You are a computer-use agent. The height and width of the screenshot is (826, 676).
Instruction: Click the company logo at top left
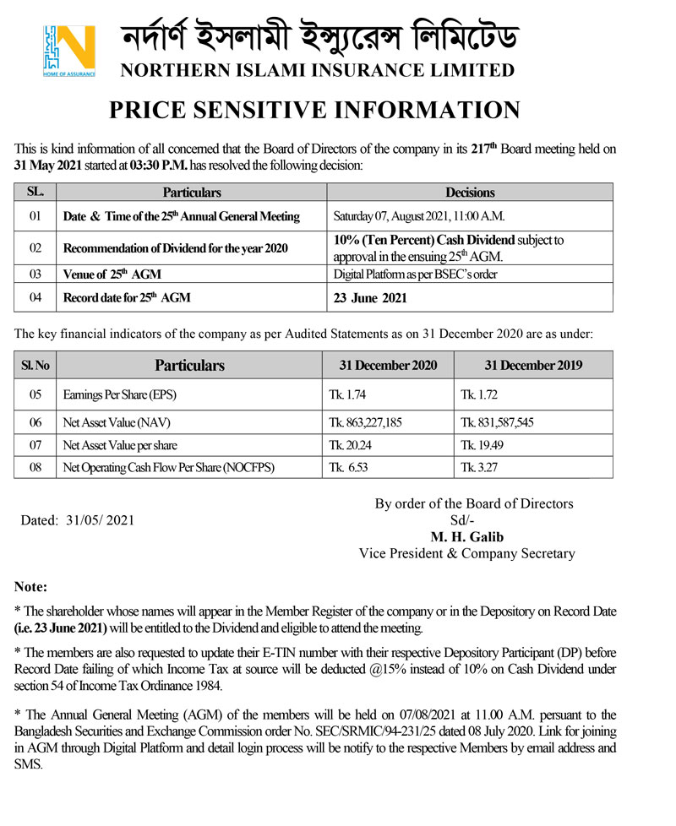(68, 51)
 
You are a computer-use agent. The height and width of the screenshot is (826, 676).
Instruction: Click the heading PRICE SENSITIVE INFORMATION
(314, 110)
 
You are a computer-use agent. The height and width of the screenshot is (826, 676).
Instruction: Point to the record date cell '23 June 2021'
(372, 297)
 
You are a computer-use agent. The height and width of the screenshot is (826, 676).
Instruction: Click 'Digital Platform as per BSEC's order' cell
(416, 274)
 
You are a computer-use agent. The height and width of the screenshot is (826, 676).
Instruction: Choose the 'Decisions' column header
(470, 193)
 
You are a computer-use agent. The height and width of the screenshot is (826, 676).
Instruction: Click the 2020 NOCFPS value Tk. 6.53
(347, 466)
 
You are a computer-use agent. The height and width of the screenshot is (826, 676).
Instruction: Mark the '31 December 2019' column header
(533, 366)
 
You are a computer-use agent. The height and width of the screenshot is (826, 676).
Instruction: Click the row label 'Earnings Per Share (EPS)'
(120, 394)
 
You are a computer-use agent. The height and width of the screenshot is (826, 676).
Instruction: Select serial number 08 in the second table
(35, 466)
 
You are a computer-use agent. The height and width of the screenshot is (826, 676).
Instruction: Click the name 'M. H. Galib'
(465, 537)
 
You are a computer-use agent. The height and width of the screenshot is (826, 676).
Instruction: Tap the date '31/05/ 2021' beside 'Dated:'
(100, 521)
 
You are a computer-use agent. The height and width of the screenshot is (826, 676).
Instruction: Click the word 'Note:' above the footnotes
(31, 586)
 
